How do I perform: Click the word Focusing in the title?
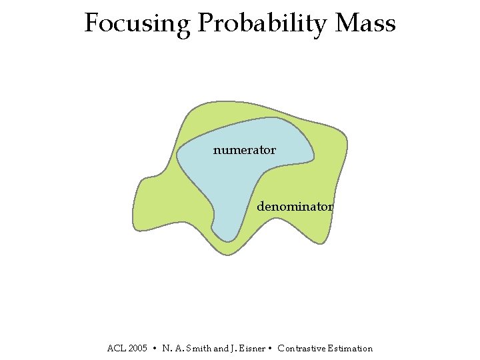[x=137, y=25]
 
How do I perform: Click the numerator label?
[x=244, y=150]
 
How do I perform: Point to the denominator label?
[x=295, y=207]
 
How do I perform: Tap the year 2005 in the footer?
[x=137, y=348]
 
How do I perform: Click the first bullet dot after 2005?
[x=154, y=348]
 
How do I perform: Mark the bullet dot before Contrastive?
[x=270, y=348]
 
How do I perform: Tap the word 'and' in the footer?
[x=221, y=348]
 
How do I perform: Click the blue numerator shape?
[x=233, y=180]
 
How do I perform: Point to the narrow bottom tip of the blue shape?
[x=227, y=233]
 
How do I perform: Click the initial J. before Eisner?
[x=234, y=348]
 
